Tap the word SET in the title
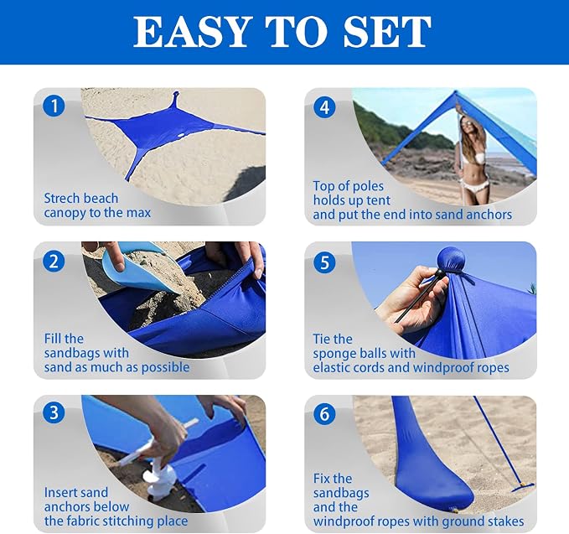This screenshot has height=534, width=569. pos(387,32)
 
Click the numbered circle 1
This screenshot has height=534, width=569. pos(54,106)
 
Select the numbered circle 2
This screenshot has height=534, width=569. pos(54,262)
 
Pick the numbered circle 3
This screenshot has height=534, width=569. pos(54,412)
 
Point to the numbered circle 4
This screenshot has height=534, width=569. pos(324,107)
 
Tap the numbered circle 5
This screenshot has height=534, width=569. pos(324,262)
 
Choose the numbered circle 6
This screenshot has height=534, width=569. pos(324,414)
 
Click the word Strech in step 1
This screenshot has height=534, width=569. pos(61,198)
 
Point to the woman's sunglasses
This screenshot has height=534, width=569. pos(466,124)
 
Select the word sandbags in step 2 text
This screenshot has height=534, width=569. pos(86,353)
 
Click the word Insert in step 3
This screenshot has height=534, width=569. pos(59,493)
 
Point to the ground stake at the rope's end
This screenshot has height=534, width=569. pos(523,486)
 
